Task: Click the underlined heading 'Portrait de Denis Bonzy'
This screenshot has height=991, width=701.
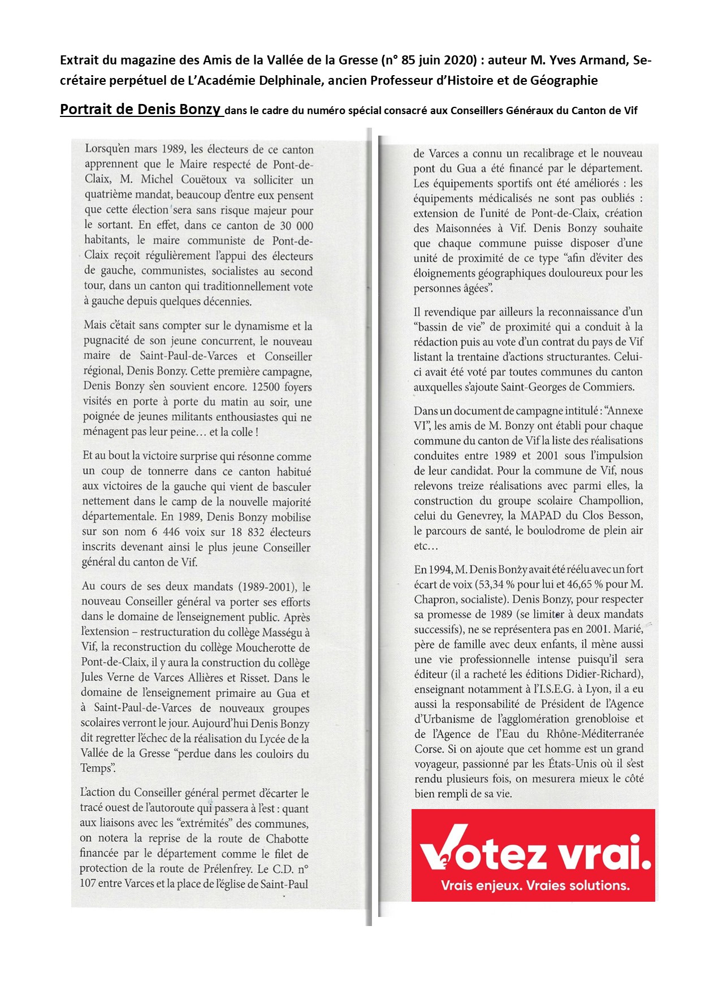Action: point(140,109)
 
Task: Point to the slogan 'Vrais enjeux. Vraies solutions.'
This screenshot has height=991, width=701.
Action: point(535,885)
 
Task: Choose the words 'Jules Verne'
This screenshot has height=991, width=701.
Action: point(107,677)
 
